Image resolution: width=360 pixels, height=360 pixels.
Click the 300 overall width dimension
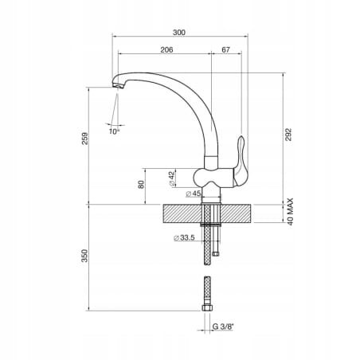point(179,33)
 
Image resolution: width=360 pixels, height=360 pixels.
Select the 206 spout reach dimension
point(166,49)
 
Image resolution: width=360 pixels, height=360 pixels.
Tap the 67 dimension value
point(225,49)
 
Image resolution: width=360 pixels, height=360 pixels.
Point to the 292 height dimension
point(288,135)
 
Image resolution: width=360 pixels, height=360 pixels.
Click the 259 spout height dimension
point(84,139)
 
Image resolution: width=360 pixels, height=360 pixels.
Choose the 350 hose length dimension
point(84,256)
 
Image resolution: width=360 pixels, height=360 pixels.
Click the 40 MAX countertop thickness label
point(290,212)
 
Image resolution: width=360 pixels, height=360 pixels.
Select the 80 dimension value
point(141,184)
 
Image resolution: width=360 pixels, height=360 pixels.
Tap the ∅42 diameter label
point(172,178)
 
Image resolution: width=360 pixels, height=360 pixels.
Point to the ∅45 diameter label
point(194,194)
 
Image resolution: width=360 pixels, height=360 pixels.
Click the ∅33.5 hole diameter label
point(184,237)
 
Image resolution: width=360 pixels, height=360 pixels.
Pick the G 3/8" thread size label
point(223,327)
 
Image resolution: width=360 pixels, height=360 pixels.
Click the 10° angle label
point(114,131)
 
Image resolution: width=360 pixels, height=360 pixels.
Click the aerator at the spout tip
point(118,86)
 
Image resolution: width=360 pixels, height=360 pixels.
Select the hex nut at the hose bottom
point(207,308)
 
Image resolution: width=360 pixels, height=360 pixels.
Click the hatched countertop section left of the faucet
point(182,213)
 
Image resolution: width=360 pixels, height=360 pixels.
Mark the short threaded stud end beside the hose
point(216,254)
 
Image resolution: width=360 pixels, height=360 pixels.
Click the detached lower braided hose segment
point(207,291)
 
